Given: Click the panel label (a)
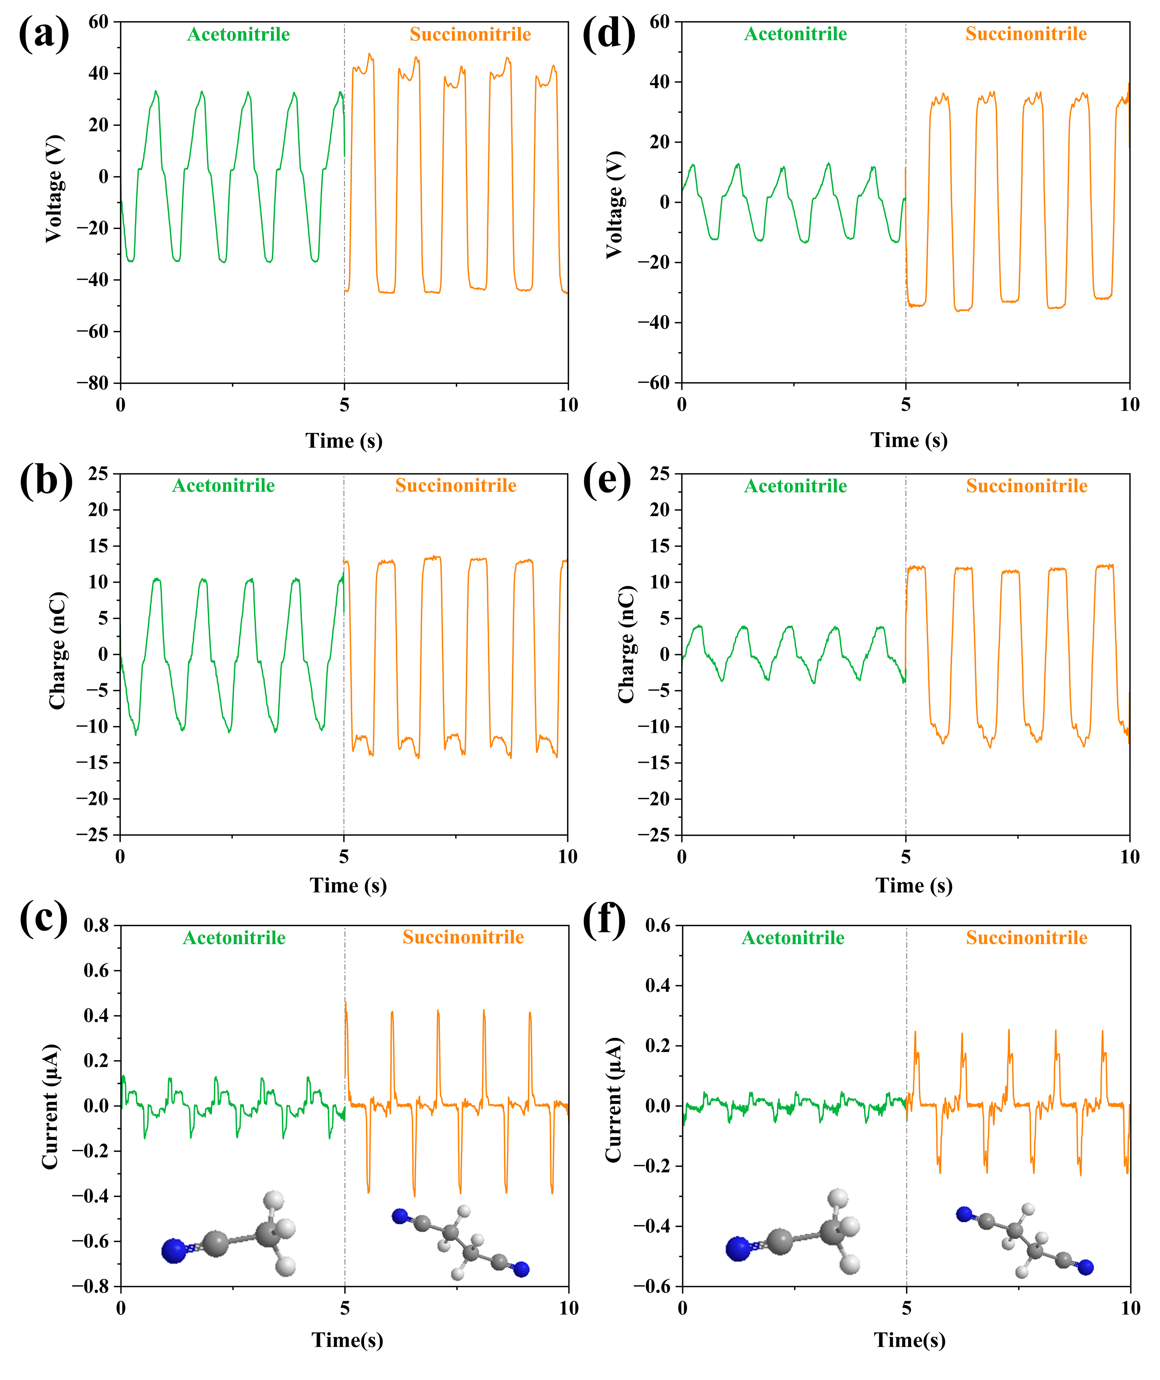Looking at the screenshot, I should tap(43, 34).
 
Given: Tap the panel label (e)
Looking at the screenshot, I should tap(606, 481).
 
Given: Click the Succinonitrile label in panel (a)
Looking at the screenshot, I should tap(470, 34).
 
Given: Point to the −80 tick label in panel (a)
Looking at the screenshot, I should tap(92, 383).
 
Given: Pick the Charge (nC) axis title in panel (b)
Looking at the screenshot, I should tap(58, 651).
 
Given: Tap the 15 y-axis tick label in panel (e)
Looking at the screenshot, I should tap(660, 546).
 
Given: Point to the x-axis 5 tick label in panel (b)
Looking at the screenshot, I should tap(344, 856).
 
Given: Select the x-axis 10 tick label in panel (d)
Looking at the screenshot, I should tap(1129, 405).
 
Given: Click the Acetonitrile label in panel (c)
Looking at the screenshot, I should tap(234, 937).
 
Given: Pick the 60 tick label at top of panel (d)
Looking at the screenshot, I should tap(660, 22).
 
